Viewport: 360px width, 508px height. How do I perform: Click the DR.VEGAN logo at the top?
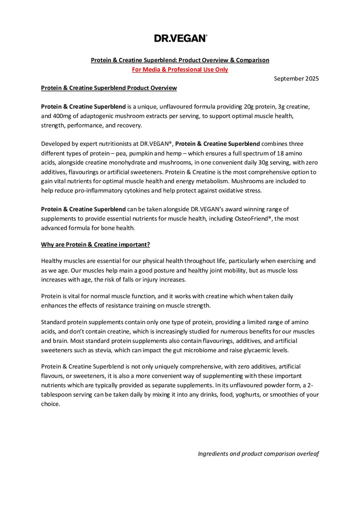tap(180, 38)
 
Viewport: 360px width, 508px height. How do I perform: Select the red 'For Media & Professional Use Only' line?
tap(180, 69)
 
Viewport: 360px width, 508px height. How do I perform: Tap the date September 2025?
tap(296, 78)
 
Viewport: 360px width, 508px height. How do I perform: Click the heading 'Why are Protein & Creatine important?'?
tap(95, 244)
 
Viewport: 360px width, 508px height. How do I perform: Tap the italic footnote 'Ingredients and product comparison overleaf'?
tap(258, 454)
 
